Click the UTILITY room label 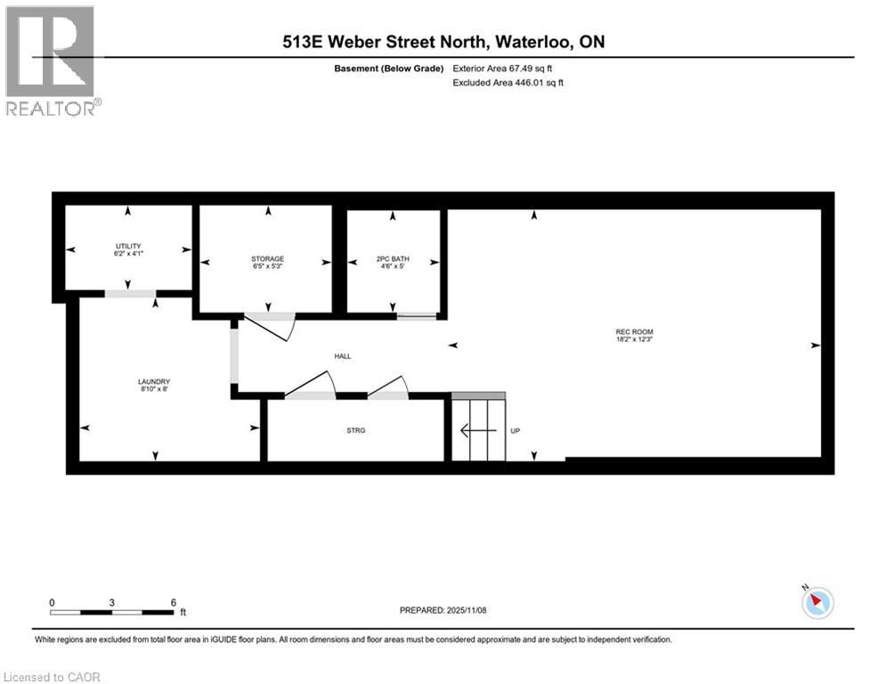pyautogui.click(x=128, y=246)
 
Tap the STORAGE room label pyautogui.click(x=267, y=258)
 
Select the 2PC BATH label pyautogui.click(x=393, y=258)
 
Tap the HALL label pyautogui.click(x=342, y=356)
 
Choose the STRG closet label pyautogui.click(x=356, y=430)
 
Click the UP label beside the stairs pyautogui.click(x=515, y=431)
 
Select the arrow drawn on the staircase pyautogui.click(x=476, y=431)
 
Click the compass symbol pyautogui.click(x=817, y=603)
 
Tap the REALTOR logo pyautogui.click(x=53, y=61)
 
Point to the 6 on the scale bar pyautogui.click(x=173, y=601)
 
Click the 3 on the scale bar pyautogui.click(x=112, y=601)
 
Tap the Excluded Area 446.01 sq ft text pyautogui.click(x=508, y=83)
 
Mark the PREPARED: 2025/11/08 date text pyautogui.click(x=444, y=610)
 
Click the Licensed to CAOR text pyautogui.click(x=53, y=677)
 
